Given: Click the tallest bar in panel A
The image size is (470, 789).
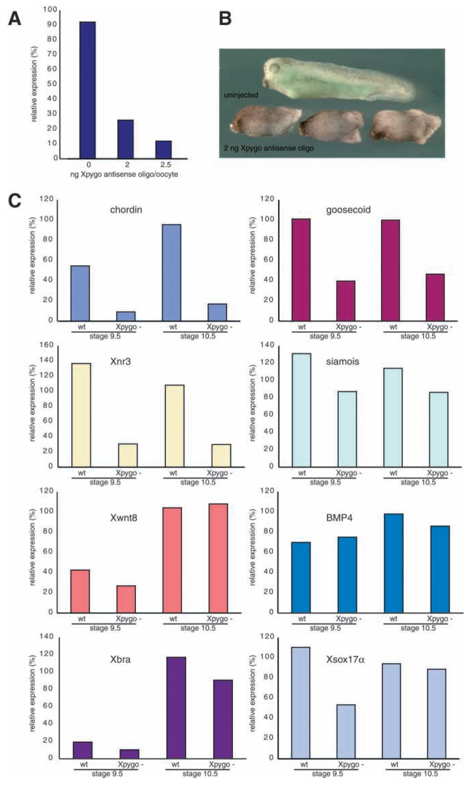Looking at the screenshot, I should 87,90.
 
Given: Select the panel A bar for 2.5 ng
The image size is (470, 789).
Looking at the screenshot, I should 164,149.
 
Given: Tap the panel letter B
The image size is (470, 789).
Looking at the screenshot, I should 225,19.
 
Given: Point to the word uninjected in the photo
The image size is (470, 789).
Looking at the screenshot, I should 241,95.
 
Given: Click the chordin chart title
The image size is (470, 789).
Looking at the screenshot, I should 126,210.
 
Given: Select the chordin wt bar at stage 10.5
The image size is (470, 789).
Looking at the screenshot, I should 172,272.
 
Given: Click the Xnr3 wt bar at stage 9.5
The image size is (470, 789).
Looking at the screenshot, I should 81,415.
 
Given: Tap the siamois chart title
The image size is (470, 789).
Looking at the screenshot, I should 342,361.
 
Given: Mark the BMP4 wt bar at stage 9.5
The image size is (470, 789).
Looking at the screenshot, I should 301,577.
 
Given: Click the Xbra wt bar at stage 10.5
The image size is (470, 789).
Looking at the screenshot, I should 177,707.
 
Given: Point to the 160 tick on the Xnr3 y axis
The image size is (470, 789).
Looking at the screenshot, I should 48,345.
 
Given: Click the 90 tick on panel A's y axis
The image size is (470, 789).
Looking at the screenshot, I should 52,24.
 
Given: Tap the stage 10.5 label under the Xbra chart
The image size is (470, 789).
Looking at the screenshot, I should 200,774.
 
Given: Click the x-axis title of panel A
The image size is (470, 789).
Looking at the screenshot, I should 124,174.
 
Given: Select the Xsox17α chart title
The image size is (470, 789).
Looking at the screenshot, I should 345,660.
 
